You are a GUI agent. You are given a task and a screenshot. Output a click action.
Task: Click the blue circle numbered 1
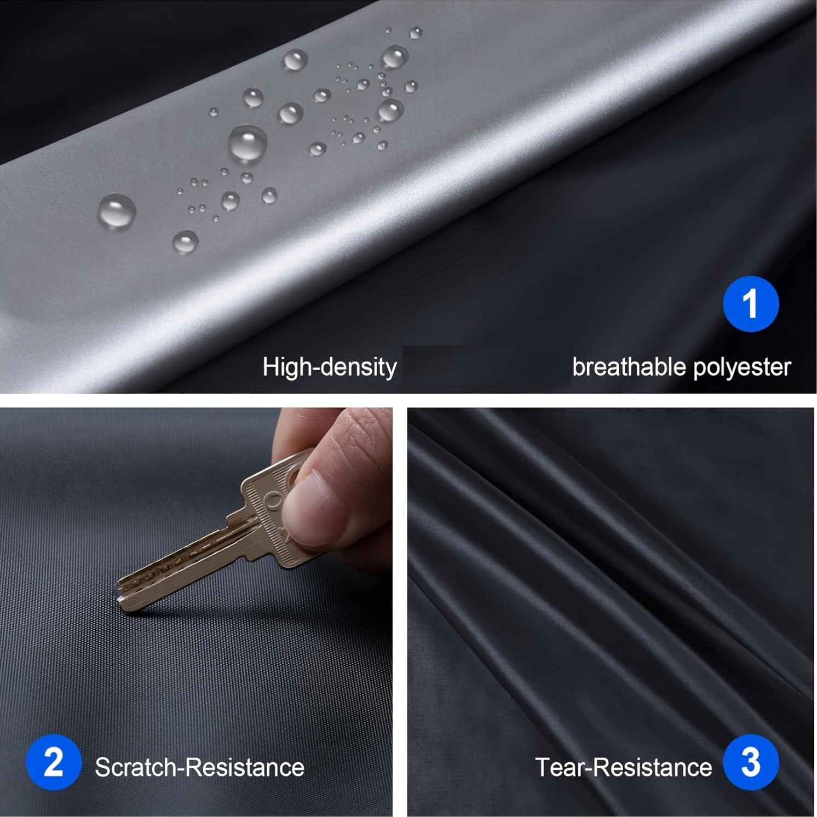point(750,304)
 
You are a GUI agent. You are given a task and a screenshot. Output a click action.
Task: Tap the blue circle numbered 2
point(53,762)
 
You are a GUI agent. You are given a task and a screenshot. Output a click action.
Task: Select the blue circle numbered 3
point(750,762)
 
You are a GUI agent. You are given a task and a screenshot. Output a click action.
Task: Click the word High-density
point(329,367)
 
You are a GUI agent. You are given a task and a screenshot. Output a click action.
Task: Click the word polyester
point(742,368)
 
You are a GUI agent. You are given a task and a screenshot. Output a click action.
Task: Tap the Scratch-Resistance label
point(199,767)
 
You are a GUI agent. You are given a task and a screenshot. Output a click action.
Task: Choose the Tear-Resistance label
point(623,767)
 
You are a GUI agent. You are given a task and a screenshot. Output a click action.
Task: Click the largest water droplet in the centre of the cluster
point(248,143)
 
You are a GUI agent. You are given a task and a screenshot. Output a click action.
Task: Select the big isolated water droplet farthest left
point(117,211)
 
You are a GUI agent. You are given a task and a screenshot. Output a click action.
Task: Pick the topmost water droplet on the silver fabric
point(416,32)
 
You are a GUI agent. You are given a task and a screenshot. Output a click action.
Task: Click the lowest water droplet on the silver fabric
point(185,241)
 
